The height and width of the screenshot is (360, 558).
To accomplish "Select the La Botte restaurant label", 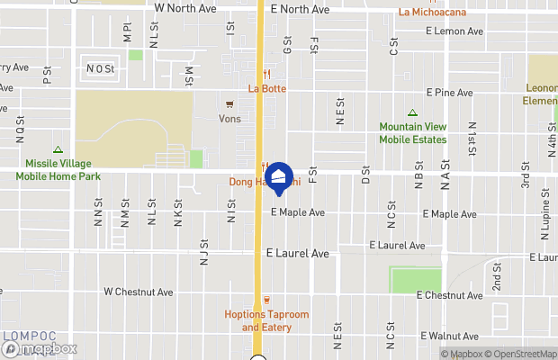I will point(266,88).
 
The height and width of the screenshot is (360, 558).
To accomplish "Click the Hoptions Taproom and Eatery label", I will point(266,320).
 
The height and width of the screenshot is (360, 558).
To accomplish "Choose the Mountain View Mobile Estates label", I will point(412,133).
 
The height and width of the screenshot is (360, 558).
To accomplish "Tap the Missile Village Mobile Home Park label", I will point(57,170).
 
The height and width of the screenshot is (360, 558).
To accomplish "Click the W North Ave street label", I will point(185,8).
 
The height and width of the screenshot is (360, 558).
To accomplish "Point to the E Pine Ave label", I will point(449,93).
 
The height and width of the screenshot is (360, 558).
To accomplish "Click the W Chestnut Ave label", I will point(138,292).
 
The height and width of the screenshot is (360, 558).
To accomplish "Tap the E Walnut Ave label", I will point(453,336).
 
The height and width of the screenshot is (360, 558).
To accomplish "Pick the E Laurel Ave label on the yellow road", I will point(297,254).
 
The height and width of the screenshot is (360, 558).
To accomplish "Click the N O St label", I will point(100,68).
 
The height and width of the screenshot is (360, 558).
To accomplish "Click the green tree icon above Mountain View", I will point(412,113).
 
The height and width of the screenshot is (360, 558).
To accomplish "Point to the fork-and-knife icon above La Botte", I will point(266,74).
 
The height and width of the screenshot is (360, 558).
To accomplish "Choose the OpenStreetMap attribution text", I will point(522,354).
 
